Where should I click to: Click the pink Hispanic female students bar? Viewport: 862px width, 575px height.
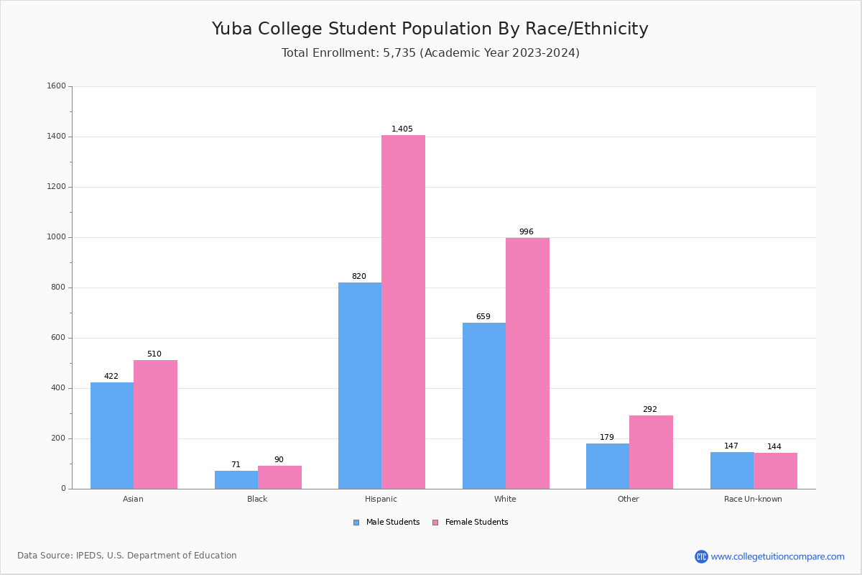[403, 312]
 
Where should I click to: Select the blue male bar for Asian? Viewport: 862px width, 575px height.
[112, 436]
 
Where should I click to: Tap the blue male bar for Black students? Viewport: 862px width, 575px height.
[236, 480]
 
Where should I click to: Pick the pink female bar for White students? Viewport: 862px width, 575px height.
[527, 363]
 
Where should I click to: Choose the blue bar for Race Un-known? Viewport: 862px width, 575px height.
[731, 471]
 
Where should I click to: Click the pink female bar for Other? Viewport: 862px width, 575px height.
[651, 452]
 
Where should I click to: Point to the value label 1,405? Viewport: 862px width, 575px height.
[402, 129]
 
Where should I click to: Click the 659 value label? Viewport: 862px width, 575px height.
[483, 317]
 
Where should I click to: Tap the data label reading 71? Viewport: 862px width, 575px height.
[236, 465]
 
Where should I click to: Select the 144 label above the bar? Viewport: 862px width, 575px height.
[774, 447]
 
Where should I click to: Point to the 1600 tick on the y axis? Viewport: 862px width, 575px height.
[56, 86]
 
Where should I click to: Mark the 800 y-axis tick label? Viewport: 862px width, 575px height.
[58, 287]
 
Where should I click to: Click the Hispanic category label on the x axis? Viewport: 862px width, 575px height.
[381, 499]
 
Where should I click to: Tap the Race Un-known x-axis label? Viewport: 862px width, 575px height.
[753, 499]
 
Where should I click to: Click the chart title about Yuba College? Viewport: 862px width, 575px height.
[430, 29]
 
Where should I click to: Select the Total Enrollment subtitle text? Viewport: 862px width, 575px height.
[430, 53]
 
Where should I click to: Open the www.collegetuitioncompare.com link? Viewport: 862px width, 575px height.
[777, 556]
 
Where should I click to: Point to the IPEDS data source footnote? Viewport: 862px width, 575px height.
[127, 556]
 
